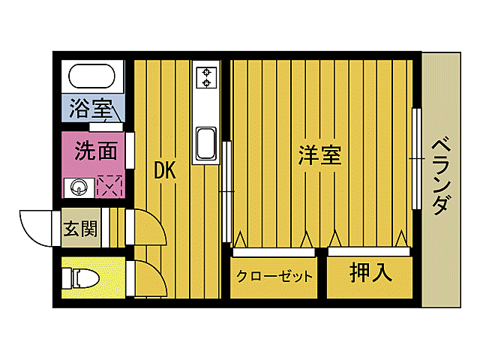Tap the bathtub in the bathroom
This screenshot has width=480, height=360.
(91, 77)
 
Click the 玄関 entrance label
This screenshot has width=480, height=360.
(79, 229)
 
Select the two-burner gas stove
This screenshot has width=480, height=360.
(205, 76)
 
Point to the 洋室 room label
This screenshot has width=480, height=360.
(319, 155)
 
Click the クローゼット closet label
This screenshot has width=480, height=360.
(274, 276)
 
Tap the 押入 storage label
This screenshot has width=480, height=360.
(370, 273)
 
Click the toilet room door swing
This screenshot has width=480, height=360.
(148, 278)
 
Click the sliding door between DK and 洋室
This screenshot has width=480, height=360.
(225, 191)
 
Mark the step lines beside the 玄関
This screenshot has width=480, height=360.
(114, 227)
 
